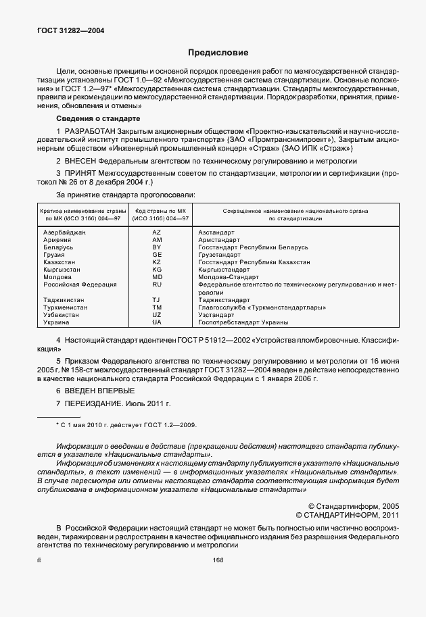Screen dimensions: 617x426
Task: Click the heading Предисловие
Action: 218,52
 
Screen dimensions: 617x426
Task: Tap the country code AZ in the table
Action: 157,232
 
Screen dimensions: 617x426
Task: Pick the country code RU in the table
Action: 157,285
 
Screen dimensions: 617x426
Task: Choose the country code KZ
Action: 157,262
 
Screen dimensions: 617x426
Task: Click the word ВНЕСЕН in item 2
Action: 81,161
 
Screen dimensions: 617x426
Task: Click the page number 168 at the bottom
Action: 218,560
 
